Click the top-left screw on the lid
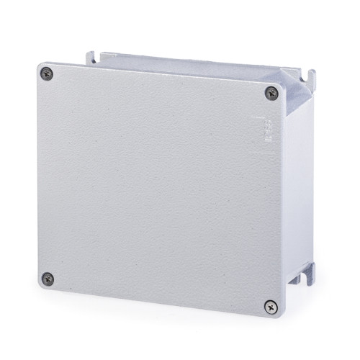point(47,72)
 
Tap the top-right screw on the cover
point(271,91)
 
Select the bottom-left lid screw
point(48,278)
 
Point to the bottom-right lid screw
point(270,306)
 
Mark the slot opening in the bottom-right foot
point(311,270)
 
